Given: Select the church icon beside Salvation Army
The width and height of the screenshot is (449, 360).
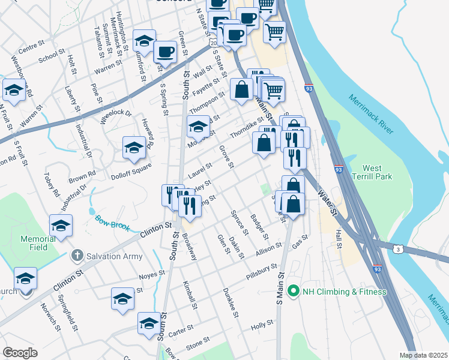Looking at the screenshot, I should (x=76, y=256).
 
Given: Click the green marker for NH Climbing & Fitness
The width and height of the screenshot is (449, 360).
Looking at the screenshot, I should (x=294, y=292).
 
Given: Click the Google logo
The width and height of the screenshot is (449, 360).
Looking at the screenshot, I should (x=20, y=353).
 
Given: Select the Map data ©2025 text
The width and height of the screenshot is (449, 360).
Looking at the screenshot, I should (x=423, y=355).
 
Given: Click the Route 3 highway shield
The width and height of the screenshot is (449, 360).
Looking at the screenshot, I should (x=397, y=248).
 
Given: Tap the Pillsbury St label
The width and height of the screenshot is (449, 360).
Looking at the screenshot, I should (x=261, y=272).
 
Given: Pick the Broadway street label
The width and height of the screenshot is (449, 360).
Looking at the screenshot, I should (x=189, y=247).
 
